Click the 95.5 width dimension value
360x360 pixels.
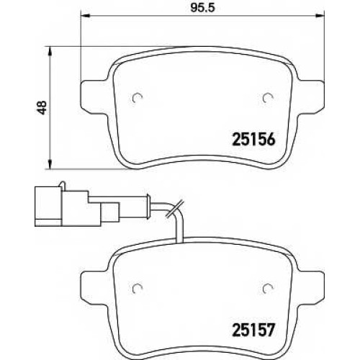pyautogui.click(x=203, y=8)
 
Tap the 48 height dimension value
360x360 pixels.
pyautogui.click(x=42, y=107)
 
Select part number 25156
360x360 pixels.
pyautogui.click(x=253, y=139)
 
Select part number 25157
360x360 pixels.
pyautogui.click(x=253, y=330)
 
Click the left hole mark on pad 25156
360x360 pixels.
pyautogui.click(x=138, y=98)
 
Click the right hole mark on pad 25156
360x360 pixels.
pyautogui.click(x=268, y=98)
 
